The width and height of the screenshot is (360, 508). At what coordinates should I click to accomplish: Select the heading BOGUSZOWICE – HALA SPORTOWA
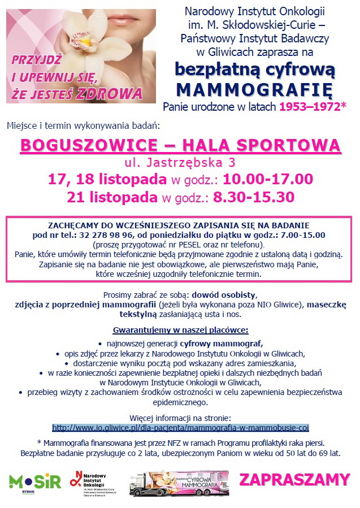[180, 145]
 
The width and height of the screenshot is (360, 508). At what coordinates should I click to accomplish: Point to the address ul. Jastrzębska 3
[180, 163]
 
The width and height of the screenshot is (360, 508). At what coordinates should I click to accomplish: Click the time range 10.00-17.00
[268, 180]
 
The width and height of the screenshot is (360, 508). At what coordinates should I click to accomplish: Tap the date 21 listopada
[112, 197]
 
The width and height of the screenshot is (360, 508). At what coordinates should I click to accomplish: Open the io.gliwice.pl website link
[180, 427]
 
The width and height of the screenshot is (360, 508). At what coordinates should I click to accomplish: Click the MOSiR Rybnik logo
[34, 481]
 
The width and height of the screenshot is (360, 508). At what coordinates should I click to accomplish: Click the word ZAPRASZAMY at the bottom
[294, 480]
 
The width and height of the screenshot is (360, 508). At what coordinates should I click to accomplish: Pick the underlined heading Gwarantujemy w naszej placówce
[180, 329]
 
